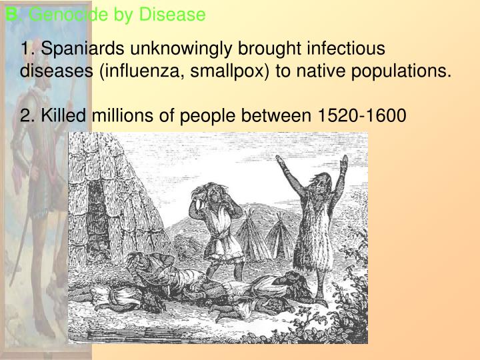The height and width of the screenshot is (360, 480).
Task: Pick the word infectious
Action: [349, 49]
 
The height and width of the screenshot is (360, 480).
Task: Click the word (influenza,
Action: [135, 71]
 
